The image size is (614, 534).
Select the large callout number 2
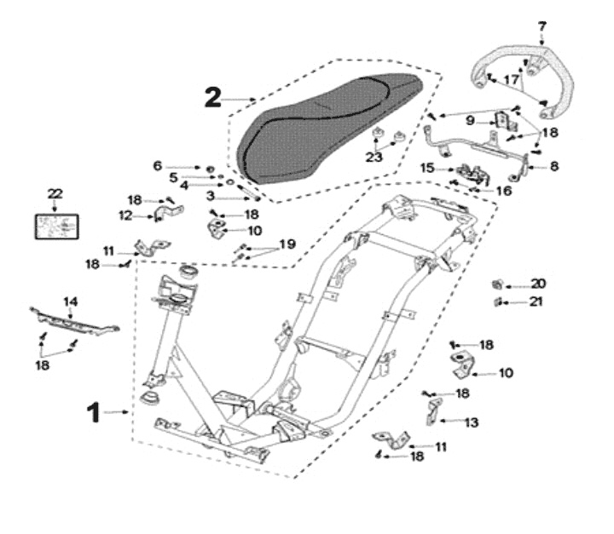point(213,96)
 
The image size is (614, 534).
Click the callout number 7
point(542,26)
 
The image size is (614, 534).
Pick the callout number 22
point(55,194)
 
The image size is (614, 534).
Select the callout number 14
point(70,301)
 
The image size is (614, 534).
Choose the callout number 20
point(538,284)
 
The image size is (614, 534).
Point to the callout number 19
point(287,244)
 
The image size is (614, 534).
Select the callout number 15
point(426,168)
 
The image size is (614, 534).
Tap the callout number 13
point(472,421)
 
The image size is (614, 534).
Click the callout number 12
point(125,215)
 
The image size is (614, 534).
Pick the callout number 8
point(553,167)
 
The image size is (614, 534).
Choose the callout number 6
point(157,165)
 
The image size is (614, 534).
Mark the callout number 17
point(511,79)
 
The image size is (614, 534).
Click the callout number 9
point(470,121)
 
